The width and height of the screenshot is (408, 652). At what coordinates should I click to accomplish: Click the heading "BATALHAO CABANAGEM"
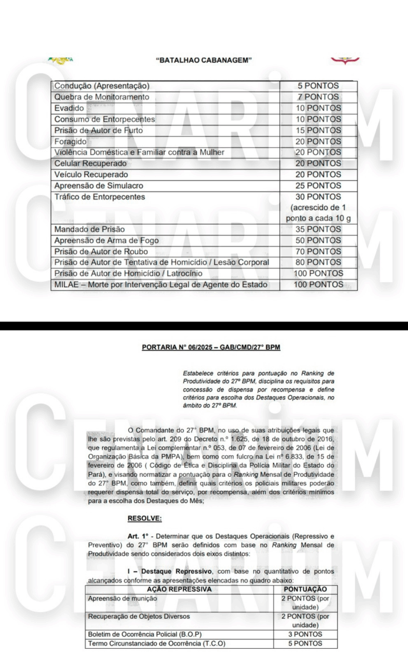tap(204, 60)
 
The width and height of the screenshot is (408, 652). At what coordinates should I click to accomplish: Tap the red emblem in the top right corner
tap(345, 60)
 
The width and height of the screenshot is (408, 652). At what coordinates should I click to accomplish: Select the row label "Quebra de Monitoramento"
tap(102, 97)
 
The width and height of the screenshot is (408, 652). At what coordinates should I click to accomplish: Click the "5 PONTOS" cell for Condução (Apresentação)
tap(318, 86)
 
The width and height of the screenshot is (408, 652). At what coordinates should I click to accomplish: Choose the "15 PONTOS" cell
tap(318, 130)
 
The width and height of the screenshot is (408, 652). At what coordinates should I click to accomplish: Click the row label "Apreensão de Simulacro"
tap(99, 185)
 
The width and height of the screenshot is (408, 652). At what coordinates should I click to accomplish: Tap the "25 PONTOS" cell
tap(318, 185)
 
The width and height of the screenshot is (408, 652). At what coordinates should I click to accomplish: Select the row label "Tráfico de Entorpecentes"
tap(100, 197)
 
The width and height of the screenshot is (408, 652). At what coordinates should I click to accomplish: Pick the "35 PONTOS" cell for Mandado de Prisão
tap(318, 229)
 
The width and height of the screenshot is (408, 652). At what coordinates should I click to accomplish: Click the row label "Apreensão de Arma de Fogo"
tap(106, 241)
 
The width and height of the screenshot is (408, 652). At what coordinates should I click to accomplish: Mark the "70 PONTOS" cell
tap(318, 252)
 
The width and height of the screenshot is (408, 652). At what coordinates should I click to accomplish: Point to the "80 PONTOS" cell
tap(318, 262)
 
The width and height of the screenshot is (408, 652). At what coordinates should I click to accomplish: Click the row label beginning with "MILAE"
tap(161, 285)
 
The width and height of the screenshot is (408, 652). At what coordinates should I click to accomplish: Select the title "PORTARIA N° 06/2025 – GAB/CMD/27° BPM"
tap(211, 348)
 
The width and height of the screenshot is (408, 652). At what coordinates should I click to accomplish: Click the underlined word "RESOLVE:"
tap(144, 518)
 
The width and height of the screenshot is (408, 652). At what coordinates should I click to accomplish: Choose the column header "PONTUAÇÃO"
tap(309, 590)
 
